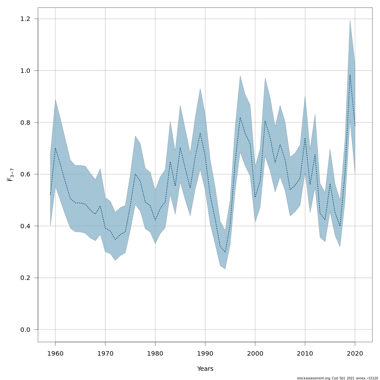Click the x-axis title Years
(x=205, y=369)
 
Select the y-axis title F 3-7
(x=10, y=175)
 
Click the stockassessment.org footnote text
(x=337, y=378)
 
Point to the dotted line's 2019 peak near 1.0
(x=350, y=75)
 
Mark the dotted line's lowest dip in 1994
(x=225, y=252)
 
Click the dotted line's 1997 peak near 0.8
(x=240, y=117)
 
